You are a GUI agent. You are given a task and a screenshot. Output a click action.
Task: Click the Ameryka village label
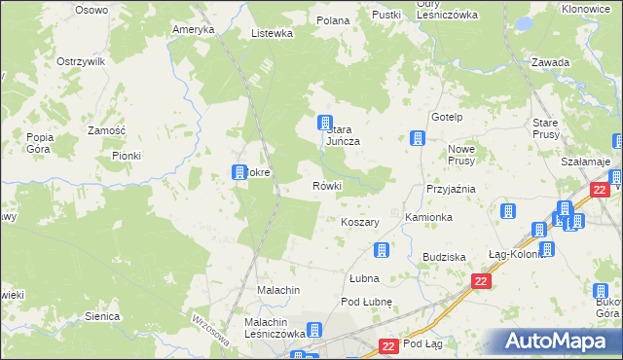(193, 29)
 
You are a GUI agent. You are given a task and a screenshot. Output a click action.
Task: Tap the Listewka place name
(272, 33)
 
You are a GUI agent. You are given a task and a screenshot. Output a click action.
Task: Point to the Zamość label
(106, 130)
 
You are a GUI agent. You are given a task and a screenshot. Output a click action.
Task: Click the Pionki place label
(127, 155)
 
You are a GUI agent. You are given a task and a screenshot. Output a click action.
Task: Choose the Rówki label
(326, 185)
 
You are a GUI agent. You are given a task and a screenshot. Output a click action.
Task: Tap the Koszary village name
(360, 222)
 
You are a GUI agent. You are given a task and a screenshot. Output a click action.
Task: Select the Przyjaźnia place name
(450, 189)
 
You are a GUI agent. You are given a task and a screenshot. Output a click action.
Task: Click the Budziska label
(443, 256)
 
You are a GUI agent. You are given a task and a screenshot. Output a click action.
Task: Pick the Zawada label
(550, 62)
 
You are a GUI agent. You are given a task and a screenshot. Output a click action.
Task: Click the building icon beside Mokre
(238, 173)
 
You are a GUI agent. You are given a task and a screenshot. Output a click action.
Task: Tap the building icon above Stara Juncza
(325, 123)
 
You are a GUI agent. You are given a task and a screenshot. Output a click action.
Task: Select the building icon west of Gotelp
(418, 138)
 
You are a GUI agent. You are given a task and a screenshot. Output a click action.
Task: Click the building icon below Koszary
(382, 250)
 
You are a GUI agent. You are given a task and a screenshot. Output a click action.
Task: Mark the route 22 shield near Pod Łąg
(387, 345)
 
